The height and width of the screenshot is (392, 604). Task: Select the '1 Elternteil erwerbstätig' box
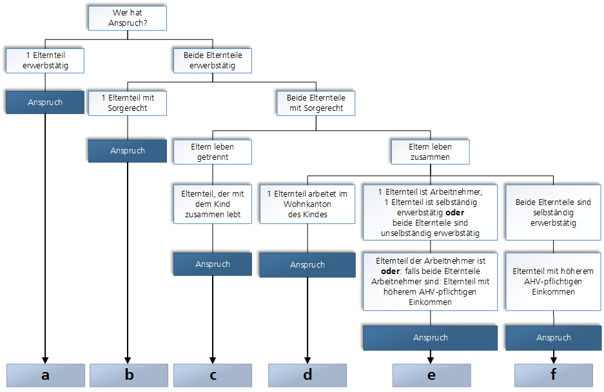tap(44, 60)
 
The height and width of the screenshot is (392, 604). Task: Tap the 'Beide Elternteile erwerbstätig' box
tap(212, 60)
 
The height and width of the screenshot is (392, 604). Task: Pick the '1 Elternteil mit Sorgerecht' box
tap(128, 103)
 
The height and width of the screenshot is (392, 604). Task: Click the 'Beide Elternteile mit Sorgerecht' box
tap(315, 103)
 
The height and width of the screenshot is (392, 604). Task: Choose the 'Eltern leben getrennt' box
tap(212, 152)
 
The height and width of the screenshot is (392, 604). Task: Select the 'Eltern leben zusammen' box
tap(430, 152)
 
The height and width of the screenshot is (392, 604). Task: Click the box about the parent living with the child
tap(212, 204)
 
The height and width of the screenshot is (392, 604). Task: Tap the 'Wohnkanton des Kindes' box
tap(307, 204)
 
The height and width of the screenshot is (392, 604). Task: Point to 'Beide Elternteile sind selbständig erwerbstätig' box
tap(552, 212)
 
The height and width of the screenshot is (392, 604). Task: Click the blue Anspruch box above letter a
tap(45, 103)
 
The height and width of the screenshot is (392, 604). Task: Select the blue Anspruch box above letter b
tap(128, 150)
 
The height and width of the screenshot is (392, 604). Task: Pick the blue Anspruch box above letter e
tap(430, 337)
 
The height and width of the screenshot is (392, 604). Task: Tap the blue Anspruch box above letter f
tap(552, 337)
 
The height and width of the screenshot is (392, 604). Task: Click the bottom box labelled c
tap(212, 375)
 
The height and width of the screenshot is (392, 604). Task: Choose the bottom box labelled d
tap(307, 375)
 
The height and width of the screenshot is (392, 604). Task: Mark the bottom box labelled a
tap(45, 375)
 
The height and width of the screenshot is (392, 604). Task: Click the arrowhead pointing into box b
tap(128, 359)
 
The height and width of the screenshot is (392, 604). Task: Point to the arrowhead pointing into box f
tap(552, 359)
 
